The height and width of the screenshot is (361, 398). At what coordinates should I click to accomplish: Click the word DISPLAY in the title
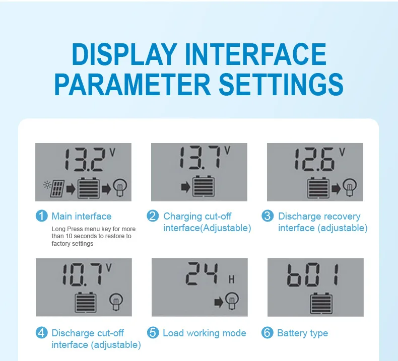(x=124, y=54)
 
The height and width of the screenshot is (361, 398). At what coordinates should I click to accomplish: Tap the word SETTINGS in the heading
(x=281, y=85)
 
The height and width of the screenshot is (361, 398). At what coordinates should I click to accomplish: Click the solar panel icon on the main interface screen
(x=57, y=189)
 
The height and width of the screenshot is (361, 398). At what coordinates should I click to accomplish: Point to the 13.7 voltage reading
(x=200, y=157)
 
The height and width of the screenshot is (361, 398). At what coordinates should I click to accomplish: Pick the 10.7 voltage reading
(x=83, y=274)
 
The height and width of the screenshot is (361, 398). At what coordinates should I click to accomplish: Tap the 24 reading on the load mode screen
(x=202, y=273)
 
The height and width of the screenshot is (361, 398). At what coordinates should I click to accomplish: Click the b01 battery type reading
(x=313, y=275)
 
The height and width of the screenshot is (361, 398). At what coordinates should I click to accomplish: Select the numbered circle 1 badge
(x=42, y=216)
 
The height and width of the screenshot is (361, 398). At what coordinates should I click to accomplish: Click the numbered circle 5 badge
(x=153, y=333)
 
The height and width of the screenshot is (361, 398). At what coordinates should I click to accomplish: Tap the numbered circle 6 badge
(x=268, y=333)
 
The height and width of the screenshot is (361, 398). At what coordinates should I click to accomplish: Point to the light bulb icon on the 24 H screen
(x=232, y=300)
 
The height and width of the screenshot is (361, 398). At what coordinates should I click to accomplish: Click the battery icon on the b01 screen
(x=321, y=304)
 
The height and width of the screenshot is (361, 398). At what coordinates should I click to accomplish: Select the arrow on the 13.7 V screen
(x=186, y=187)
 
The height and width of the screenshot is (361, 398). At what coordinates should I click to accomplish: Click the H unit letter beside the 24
(x=231, y=279)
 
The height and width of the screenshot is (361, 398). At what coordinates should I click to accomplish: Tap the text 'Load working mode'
(x=205, y=333)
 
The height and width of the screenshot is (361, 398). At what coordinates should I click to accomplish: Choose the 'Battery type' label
(x=303, y=333)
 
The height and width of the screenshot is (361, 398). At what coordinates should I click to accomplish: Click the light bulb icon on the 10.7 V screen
(x=116, y=302)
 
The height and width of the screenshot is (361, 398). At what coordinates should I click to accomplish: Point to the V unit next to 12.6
(x=342, y=152)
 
